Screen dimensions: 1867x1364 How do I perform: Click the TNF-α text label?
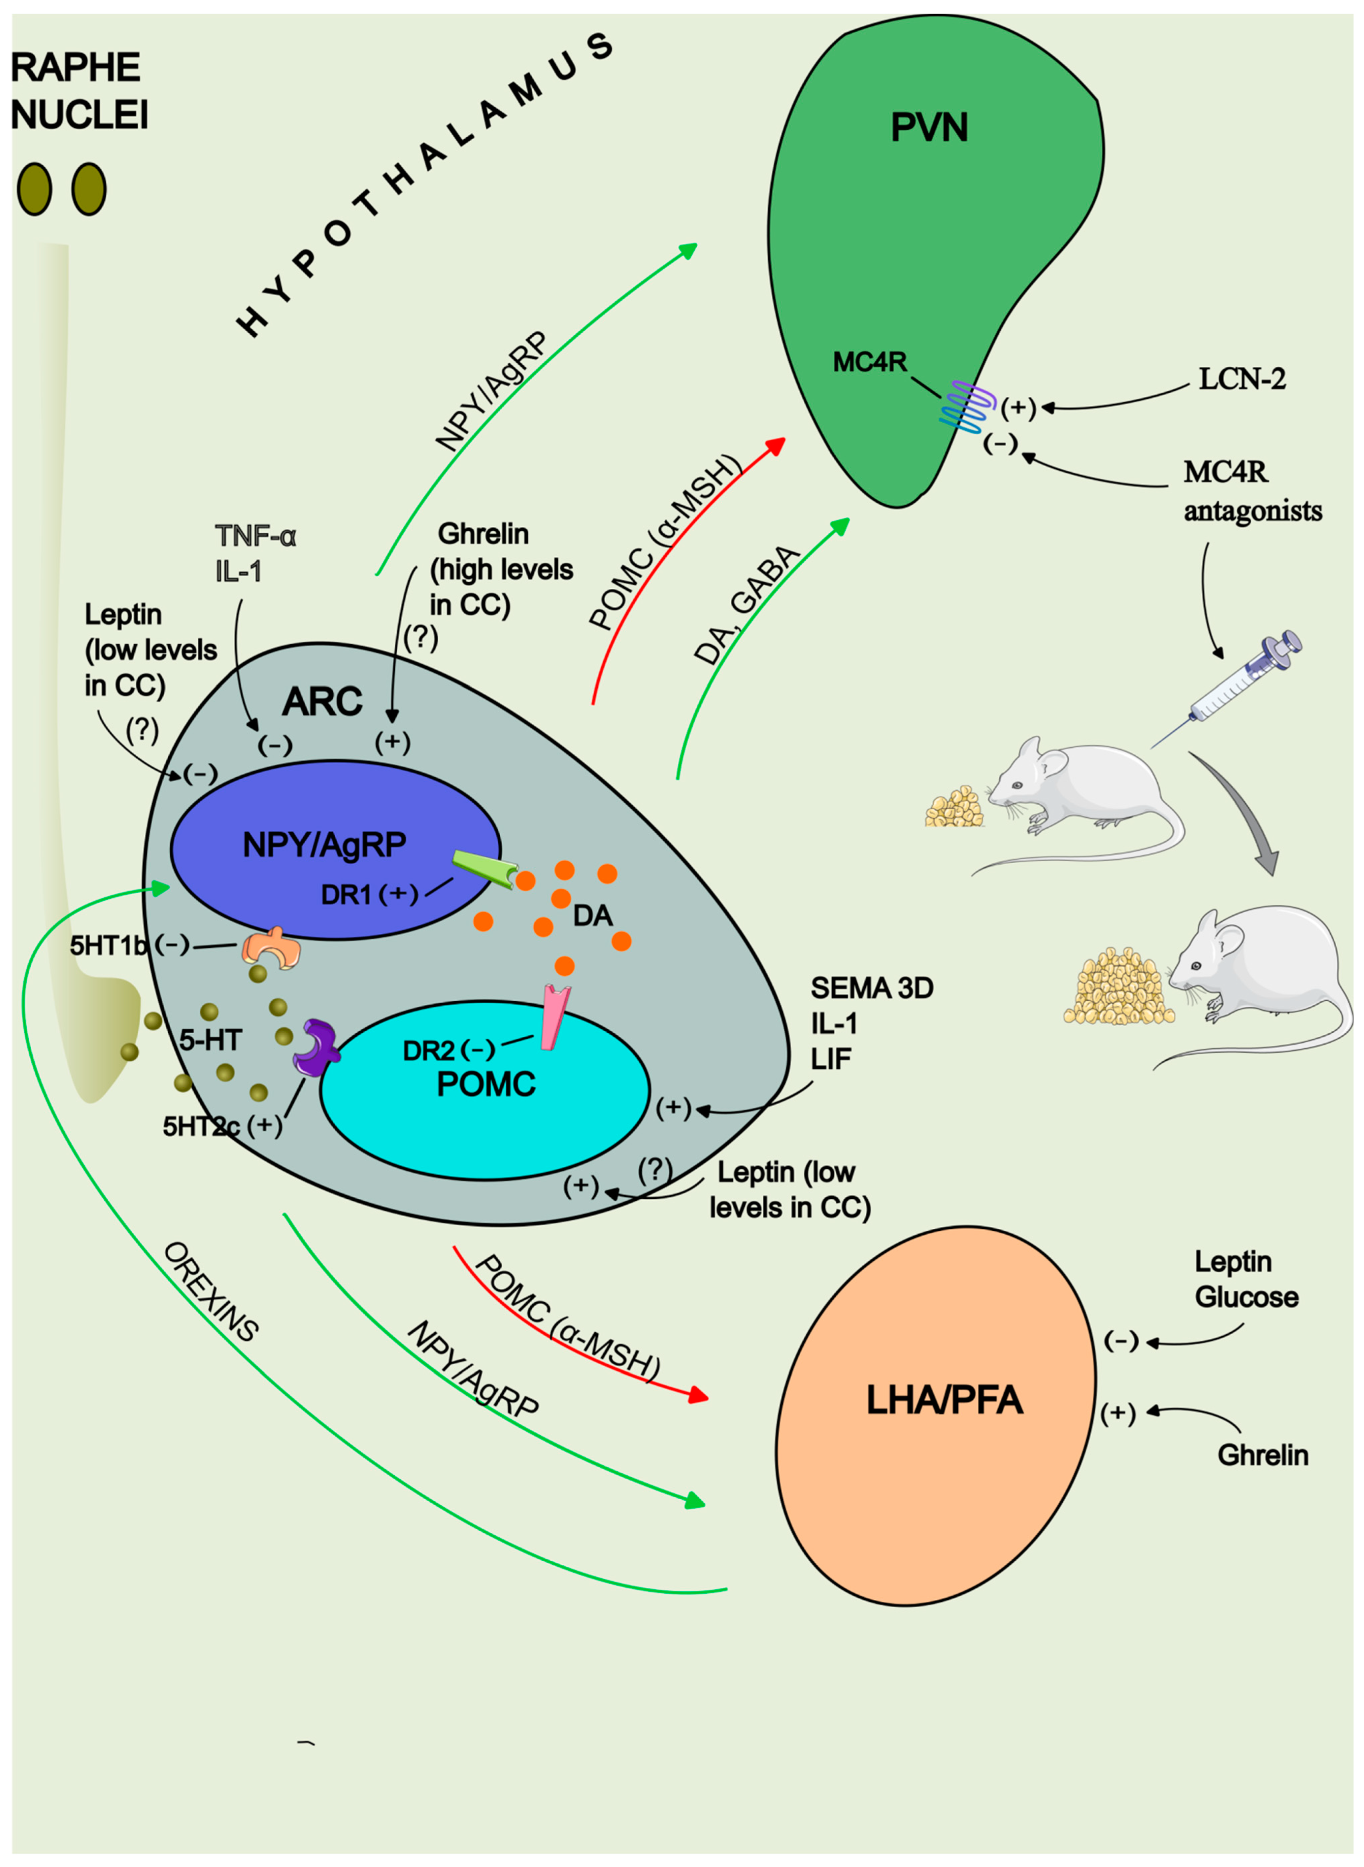click(255, 537)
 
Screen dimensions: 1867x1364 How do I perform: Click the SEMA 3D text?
click(871, 987)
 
